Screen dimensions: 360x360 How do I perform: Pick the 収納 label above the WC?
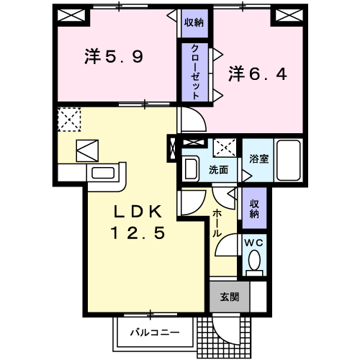point(255,209)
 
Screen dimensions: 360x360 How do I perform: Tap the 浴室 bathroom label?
point(258,158)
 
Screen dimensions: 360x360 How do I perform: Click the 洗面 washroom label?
point(219,171)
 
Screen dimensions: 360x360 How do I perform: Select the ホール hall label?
point(217,222)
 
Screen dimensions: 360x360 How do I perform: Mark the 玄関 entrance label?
point(229,296)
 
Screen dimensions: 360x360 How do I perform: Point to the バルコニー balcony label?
point(155,333)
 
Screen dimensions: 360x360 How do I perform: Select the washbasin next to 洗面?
point(192,169)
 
